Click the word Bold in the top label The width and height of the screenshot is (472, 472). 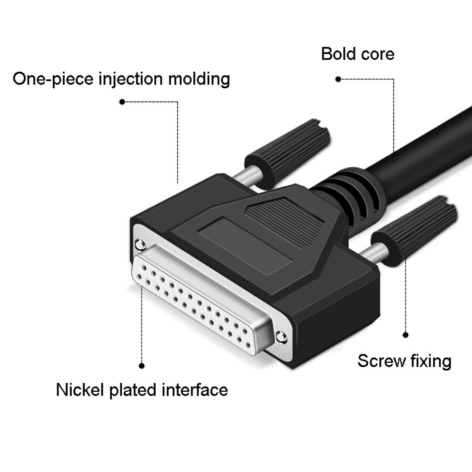tap(338, 54)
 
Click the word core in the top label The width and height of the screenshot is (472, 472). tap(377, 54)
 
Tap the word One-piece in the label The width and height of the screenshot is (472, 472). tap(52, 79)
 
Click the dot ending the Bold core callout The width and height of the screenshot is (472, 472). tap(337, 79)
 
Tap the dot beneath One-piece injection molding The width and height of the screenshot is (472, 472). tap(122, 102)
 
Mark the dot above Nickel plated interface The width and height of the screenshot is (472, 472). tap(142, 365)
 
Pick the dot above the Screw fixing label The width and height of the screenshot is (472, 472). tap(406, 334)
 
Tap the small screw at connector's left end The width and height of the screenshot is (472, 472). tap(139, 244)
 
